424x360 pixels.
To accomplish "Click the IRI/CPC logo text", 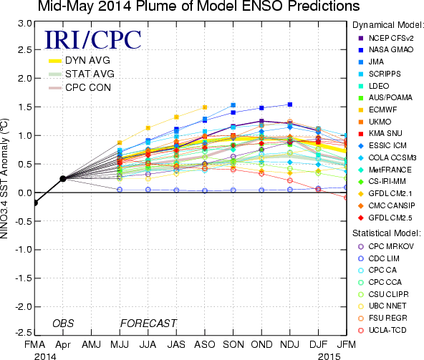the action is [93, 40].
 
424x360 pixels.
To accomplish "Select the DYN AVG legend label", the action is [87, 60].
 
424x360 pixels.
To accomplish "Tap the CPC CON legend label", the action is [88, 87].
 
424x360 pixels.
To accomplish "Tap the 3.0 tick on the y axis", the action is [24, 23].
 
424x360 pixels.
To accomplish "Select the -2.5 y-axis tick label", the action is [23, 332].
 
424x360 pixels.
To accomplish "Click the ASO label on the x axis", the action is [205, 344].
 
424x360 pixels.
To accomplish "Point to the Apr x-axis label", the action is [63, 345].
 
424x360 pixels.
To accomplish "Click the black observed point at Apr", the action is [63, 179].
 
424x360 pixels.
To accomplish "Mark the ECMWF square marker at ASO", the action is [205, 107].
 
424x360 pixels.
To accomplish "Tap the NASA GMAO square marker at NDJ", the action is [290, 104].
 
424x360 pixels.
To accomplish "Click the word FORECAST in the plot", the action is [148, 323].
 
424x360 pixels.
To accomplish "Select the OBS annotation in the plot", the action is [63, 323].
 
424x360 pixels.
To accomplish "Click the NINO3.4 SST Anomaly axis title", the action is [4, 179].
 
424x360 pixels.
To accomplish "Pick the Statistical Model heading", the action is [387, 233].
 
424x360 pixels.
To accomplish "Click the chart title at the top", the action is [199, 6].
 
